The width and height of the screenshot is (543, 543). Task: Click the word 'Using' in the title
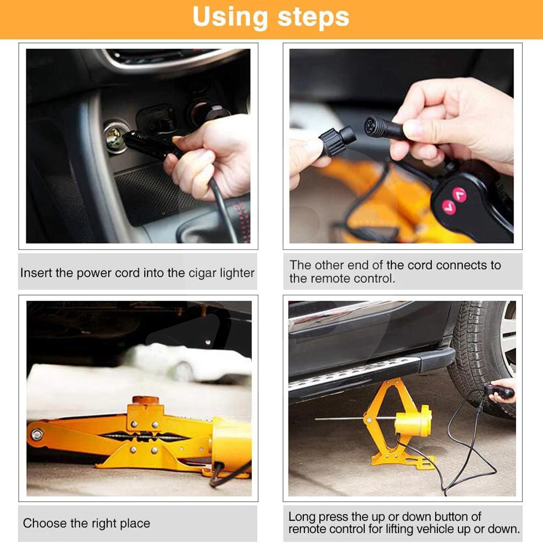[x=230, y=17]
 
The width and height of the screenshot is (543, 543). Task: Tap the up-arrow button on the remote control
[x=460, y=195]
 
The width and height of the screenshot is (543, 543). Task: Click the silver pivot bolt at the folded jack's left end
[x=37, y=434]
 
